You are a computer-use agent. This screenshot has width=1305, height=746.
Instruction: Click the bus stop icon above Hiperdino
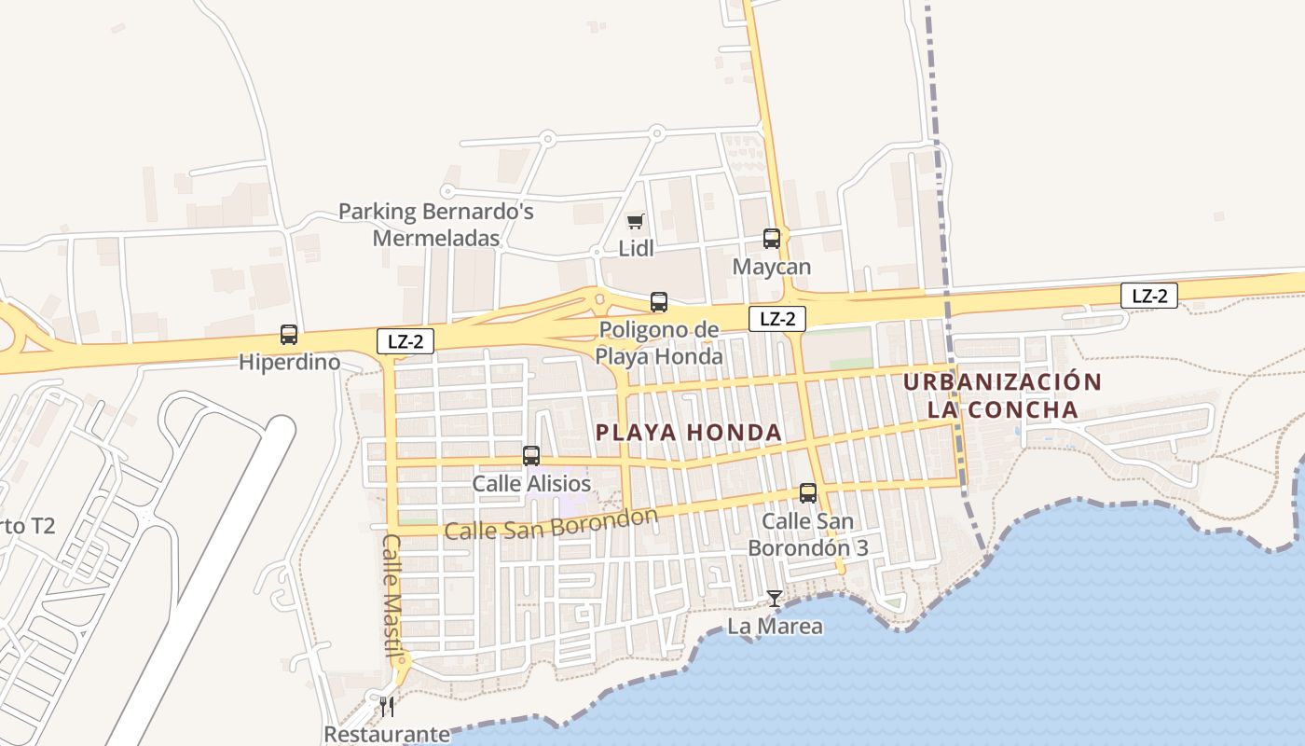(289, 334)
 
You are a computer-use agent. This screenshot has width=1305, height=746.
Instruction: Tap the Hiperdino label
(289, 362)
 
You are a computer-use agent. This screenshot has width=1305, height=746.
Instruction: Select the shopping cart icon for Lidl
(636, 221)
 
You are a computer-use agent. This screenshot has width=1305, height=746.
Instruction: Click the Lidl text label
(637, 249)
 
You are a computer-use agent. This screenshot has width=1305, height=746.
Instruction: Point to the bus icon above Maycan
(772, 239)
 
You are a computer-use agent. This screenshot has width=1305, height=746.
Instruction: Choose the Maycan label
(772, 267)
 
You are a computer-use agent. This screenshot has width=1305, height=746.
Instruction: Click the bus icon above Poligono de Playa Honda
(659, 301)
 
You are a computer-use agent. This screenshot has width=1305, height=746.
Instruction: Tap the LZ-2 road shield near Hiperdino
(405, 341)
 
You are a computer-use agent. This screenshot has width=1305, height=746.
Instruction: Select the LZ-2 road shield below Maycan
(777, 319)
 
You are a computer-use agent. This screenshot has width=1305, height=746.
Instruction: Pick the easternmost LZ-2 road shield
(1149, 297)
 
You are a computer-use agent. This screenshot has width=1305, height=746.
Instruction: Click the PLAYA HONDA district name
(689, 433)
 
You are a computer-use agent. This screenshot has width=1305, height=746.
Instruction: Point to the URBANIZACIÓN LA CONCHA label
(1003, 395)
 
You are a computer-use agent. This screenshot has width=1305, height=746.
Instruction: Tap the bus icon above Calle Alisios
(531, 456)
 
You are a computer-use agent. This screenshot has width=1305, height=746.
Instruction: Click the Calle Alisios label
(531, 484)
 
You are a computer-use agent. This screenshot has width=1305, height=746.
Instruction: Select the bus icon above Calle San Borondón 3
(808, 493)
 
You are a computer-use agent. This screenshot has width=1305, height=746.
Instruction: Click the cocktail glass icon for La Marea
(775, 598)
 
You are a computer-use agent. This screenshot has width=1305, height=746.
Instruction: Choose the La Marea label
(776, 626)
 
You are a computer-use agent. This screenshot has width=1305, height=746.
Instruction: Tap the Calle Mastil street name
(392, 595)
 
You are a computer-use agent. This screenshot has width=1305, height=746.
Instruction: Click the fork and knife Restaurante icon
(387, 706)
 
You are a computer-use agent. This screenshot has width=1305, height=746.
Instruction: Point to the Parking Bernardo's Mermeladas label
(436, 224)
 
